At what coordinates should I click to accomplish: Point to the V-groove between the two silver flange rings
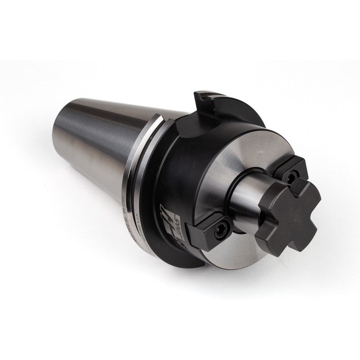[x=135, y=180]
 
